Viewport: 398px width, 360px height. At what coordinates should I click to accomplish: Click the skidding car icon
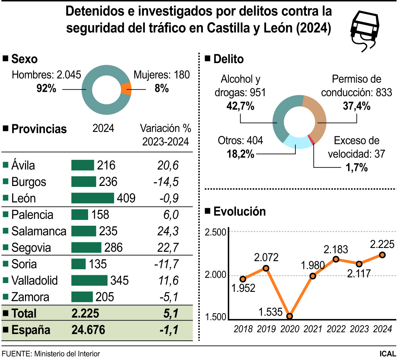pos(364,30)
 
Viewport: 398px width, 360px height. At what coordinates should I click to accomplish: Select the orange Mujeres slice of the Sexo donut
pos(126,89)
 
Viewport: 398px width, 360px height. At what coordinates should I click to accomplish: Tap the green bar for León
pos(92,198)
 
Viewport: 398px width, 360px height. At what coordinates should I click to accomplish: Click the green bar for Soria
pos(78,264)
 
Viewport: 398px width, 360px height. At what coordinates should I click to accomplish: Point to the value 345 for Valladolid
pos(120,280)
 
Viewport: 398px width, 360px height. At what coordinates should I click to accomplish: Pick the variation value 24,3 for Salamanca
pos(168,231)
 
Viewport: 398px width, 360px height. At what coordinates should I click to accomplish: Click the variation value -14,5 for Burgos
pos(166,182)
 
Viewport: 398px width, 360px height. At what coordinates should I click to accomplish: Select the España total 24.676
pos(88,330)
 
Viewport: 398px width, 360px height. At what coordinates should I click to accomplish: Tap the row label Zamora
pos(30,297)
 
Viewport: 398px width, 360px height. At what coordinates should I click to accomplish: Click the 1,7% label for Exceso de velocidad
pos(356,167)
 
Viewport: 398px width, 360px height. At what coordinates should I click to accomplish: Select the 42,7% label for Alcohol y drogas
pos(240,106)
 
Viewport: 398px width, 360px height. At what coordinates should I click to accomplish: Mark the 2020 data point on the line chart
pos(289,316)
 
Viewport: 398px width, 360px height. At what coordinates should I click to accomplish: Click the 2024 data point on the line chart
pos(382,255)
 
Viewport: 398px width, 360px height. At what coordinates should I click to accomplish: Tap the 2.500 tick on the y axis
pos(215,232)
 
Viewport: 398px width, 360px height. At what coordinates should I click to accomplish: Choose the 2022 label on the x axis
pos(336,329)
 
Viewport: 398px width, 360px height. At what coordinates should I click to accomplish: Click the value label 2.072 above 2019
pos(266,258)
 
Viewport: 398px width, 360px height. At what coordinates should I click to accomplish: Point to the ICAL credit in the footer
pos(388,354)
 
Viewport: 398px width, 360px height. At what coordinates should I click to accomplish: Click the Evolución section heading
pos(239,212)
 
